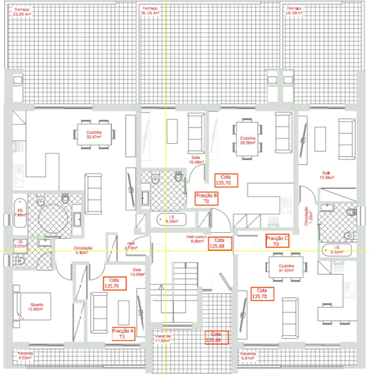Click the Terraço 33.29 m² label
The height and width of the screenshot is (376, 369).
coord(22,12)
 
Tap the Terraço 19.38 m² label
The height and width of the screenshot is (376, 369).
coord(294,11)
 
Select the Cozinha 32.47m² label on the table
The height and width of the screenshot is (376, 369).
coord(94,134)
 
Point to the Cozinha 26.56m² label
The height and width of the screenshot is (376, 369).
coord(248,140)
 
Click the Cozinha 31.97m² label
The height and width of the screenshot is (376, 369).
coord(286,268)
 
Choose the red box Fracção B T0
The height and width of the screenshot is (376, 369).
coord(206,198)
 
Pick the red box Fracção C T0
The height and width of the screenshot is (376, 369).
coord(277,241)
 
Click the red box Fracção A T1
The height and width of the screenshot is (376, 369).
coord(123,334)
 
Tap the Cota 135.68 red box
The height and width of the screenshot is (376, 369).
coord(220,243)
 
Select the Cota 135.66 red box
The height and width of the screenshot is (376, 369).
coord(216,337)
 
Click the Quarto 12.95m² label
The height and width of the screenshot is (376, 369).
coord(36,307)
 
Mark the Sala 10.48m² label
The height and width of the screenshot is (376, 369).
coord(196,160)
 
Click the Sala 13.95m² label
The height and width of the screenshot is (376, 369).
coord(327,175)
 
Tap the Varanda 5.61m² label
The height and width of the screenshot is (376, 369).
coord(248,356)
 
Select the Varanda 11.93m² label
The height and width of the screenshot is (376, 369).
coord(163,338)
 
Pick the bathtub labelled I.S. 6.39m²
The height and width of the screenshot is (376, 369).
coord(172,220)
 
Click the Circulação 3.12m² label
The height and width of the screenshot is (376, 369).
coord(83,250)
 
